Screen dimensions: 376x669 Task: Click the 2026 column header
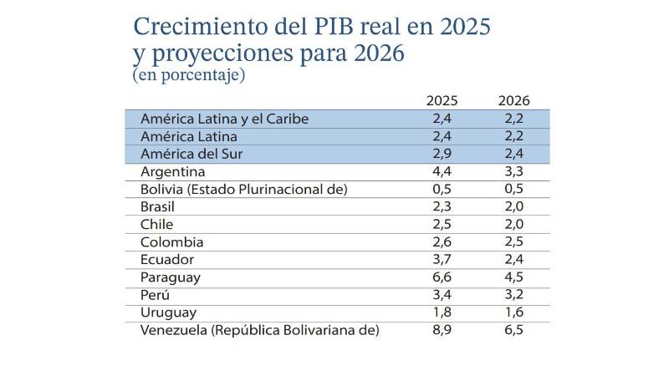pyautogui.click(x=513, y=100)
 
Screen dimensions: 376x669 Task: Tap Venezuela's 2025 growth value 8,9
pyautogui.click(x=444, y=330)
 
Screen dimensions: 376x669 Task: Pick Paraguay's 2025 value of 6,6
pyautogui.click(x=444, y=277)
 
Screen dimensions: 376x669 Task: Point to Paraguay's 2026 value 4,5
pyautogui.click(x=513, y=277)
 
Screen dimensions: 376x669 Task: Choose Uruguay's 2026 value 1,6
pyautogui.click(x=513, y=312)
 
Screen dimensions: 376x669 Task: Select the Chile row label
pyautogui.click(x=157, y=224)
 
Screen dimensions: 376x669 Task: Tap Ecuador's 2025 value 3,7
pyautogui.click(x=444, y=259)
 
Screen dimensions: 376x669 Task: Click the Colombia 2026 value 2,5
pyautogui.click(x=513, y=241)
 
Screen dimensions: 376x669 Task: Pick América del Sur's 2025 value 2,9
pyautogui.click(x=444, y=154)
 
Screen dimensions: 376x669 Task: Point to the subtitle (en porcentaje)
pyautogui.click(x=188, y=75)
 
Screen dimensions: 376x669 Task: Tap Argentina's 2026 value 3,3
pyautogui.click(x=513, y=171)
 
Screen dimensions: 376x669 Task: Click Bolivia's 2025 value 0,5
pyautogui.click(x=444, y=189)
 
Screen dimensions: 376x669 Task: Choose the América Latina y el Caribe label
pyautogui.click(x=225, y=119)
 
